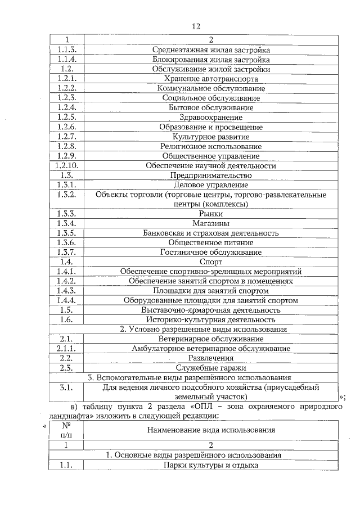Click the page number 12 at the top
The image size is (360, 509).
196,26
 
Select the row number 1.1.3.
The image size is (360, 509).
66,49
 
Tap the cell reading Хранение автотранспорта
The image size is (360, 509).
211,79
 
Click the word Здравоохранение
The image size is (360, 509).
211,117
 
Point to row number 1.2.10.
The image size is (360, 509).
66,165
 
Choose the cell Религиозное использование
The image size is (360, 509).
211,146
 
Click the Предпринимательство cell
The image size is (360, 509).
211,175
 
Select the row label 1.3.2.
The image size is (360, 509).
66,195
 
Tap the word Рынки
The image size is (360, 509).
211,214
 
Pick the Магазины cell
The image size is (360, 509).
211,223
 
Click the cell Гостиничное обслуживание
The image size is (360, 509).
211,252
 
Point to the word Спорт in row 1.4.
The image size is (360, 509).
211,262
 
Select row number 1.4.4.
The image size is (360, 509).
66,300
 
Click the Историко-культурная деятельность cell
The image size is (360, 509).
211,319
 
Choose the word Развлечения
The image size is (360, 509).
211,358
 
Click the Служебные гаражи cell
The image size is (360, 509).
211,367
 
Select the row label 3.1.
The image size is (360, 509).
66,388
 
